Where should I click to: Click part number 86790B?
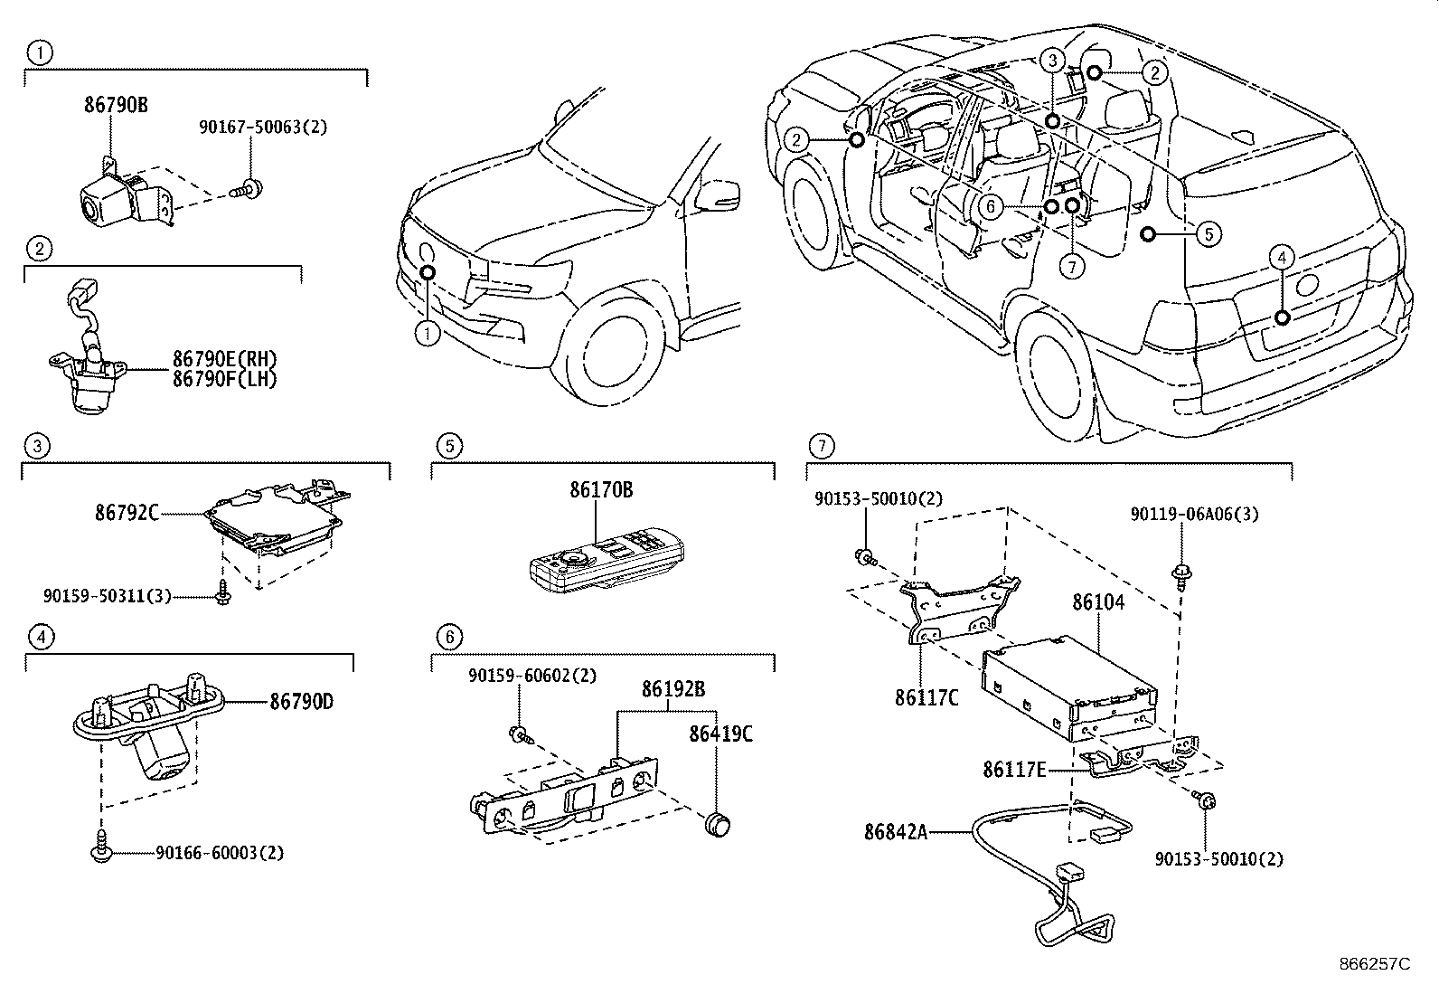point(115,105)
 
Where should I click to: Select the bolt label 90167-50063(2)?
point(263,128)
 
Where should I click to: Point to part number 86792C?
point(127,513)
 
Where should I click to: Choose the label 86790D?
point(300,701)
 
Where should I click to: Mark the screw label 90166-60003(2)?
point(220,853)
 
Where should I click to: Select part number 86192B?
point(673,689)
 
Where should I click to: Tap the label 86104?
point(1098,602)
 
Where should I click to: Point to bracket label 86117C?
point(926,697)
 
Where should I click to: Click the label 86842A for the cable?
point(896,831)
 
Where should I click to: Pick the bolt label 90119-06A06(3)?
point(1193,513)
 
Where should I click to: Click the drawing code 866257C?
point(1375,964)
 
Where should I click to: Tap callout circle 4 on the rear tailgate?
point(1281,258)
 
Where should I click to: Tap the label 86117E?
point(1014,770)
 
